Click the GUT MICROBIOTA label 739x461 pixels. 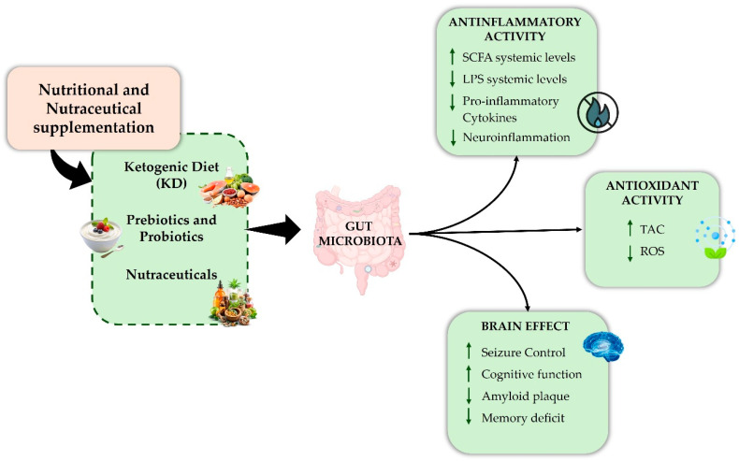360,234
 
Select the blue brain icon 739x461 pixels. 603,347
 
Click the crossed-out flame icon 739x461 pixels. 598,112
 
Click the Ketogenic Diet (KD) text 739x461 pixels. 171,175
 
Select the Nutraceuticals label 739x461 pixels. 171,275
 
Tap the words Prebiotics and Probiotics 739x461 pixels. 171,228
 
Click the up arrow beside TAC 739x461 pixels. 630,228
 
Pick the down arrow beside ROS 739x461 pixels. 630,252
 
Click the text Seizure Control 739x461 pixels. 523,353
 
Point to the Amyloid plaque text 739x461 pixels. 526,396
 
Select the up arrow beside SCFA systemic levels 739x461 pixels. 453,56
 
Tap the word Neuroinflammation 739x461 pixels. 516,137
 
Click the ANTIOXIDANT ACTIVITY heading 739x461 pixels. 652,193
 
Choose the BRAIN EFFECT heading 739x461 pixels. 525,325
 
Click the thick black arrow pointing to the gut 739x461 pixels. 274,230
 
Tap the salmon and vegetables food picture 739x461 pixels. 229,188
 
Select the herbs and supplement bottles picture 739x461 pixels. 233,303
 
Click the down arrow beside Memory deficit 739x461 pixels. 469,416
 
